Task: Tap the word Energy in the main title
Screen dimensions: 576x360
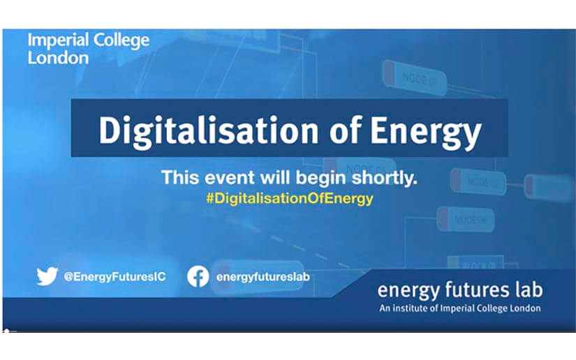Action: click(425, 133)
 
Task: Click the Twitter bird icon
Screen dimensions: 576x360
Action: click(47, 276)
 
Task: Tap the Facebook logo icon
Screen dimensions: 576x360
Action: click(198, 276)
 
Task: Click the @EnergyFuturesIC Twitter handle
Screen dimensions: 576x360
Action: click(115, 277)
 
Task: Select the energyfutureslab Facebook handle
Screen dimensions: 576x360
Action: click(263, 277)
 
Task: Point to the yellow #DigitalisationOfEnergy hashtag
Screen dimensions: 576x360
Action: click(290, 199)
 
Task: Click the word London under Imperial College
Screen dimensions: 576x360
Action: click(58, 58)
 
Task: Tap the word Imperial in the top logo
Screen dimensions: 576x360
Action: click(58, 40)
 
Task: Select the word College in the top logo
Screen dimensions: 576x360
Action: click(121, 40)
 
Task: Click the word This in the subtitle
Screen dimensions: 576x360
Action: click(181, 178)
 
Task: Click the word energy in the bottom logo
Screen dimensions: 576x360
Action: click(408, 291)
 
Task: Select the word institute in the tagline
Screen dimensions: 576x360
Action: click(410, 308)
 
